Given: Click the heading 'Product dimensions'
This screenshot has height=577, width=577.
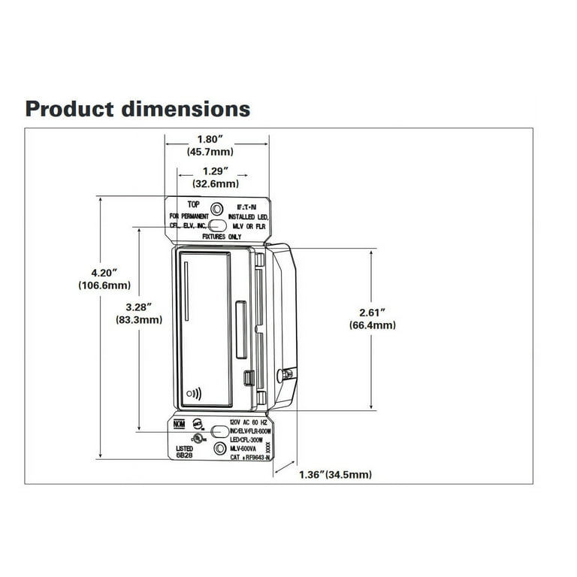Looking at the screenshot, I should tap(137, 109).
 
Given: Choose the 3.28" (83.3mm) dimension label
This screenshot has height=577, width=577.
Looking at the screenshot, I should tap(140, 313).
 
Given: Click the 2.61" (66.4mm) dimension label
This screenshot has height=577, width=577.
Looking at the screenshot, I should tap(372, 319).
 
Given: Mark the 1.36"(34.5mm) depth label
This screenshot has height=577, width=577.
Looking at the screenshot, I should tap(334, 475).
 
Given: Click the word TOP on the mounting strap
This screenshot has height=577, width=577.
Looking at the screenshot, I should tap(194, 204).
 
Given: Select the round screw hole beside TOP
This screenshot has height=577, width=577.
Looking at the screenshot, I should tap(217, 208).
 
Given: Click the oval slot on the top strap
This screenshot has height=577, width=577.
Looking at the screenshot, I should tap(217, 224).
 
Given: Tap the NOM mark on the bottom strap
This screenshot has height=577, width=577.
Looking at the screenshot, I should tap(179, 424).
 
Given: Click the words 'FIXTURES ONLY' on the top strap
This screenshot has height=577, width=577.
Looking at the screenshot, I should tap(221, 236).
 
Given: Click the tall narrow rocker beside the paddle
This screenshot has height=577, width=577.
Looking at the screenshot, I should tap(240, 329).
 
